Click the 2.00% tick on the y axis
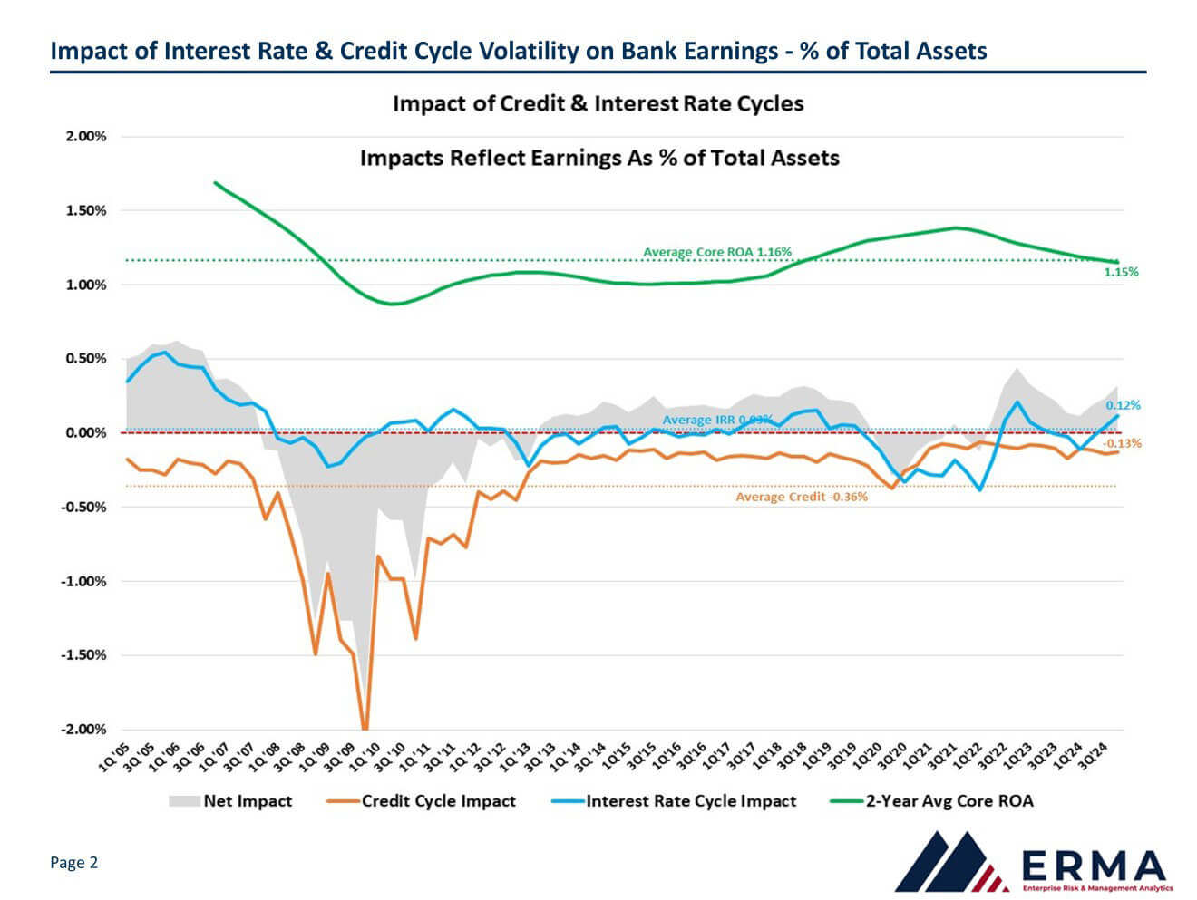point(86,137)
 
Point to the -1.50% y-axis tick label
point(83,655)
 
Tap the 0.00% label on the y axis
point(86,433)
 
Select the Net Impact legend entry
point(230,801)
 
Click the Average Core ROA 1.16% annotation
point(717,252)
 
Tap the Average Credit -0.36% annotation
point(801,497)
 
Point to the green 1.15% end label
point(1121,272)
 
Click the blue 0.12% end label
point(1123,405)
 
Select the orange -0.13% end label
point(1122,443)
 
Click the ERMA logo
point(1033,861)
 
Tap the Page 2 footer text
point(73,862)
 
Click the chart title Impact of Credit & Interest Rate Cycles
point(598,103)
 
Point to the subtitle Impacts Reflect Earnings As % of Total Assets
point(599,158)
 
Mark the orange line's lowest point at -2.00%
point(365,728)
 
